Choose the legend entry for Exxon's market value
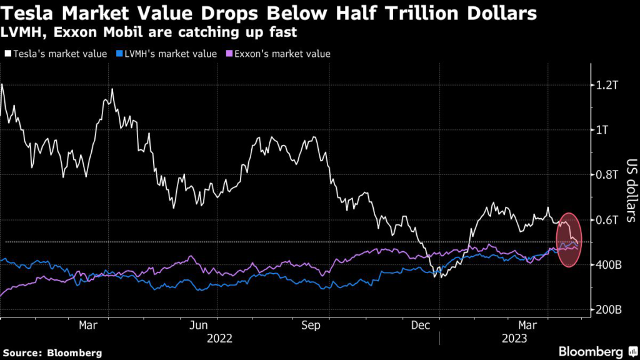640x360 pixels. point(276,54)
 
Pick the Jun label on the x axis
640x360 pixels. point(199,326)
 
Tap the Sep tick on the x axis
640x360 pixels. point(311,326)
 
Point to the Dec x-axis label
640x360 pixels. point(421,326)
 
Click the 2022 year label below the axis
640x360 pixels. point(219,339)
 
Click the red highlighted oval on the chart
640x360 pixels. point(569,240)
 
